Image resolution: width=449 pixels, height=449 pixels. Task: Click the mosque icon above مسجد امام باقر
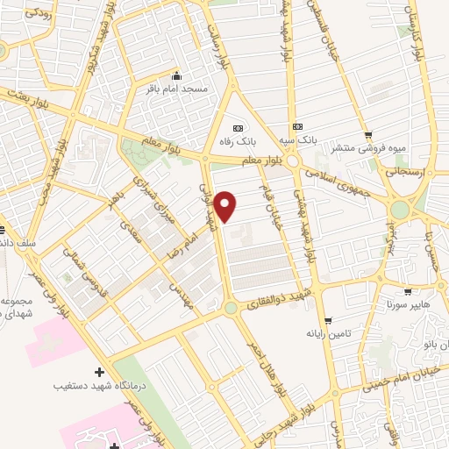[x=177, y=75]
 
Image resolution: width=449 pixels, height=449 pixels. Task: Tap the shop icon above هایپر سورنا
[x=408, y=291]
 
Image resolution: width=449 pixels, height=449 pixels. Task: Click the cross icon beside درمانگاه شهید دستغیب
[x=99, y=373]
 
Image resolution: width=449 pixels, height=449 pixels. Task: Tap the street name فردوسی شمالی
[x=78, y=264]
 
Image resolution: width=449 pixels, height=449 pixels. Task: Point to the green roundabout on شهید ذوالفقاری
[x=230, y=308]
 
